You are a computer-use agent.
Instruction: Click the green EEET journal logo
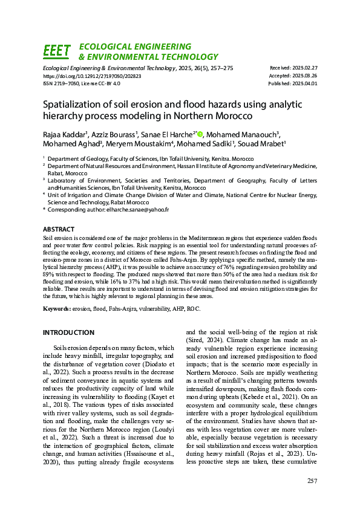click(57, 51)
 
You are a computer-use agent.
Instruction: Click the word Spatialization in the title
click(71, 104)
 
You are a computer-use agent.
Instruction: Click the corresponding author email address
click(138, 209)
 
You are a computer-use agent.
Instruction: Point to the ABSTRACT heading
click(59, 230)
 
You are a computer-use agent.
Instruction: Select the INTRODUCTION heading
click(68, 332)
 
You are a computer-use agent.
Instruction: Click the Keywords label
click(57, 309)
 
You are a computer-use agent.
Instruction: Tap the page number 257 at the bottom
click(312, 481)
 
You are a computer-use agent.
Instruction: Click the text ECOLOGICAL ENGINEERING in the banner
click(135, 47)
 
